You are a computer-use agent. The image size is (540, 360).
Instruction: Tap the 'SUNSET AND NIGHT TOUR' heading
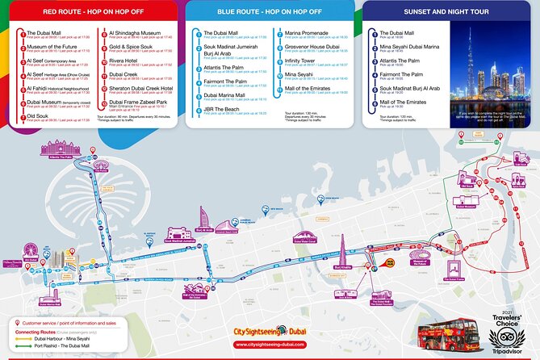click(429, 13)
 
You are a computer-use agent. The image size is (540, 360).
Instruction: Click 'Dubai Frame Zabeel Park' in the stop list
click(138, 102)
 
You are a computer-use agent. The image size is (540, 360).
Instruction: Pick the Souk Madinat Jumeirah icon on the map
click(179, 232)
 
